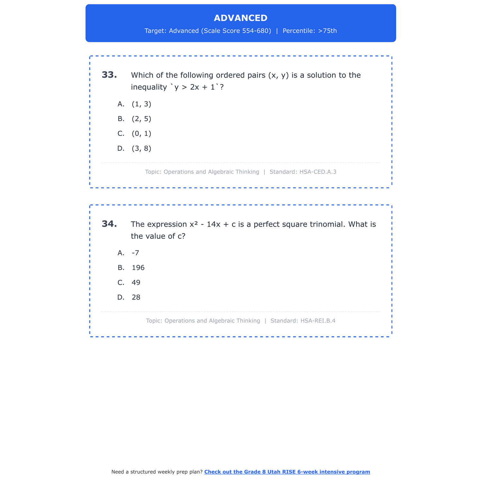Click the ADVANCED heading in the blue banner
point(240,18)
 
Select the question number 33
point(109,75)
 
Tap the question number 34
point(109,224)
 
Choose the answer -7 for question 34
point(135,253)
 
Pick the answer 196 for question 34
point(138,268)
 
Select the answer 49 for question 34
point(136,282)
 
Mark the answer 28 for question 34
point(136,297)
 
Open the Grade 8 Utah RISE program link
point(287,472)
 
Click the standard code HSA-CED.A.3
point(318,172)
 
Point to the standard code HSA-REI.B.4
point(318,321)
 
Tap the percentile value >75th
point(327,31)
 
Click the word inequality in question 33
point(149,87)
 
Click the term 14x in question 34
point(213,224)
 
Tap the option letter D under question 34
point(121,297)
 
